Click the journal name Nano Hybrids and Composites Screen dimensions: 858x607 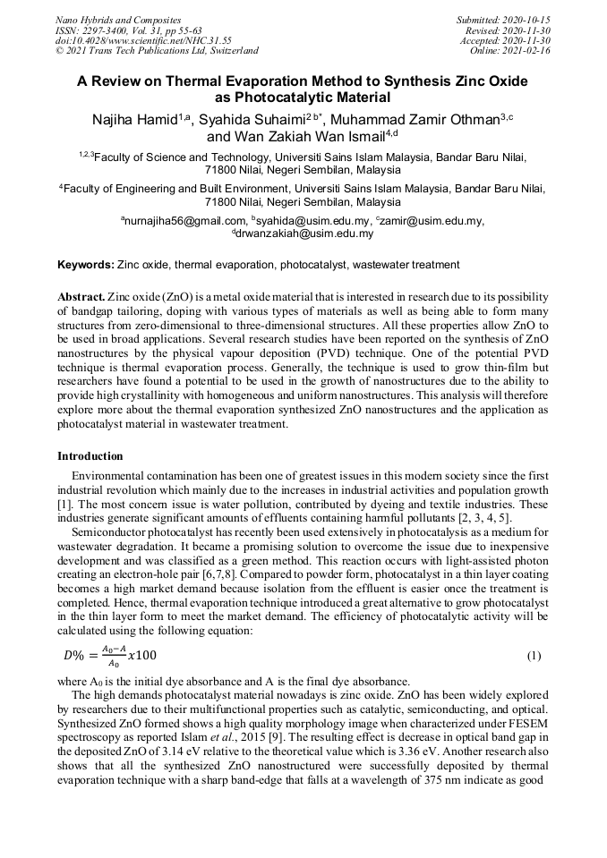[117, 20]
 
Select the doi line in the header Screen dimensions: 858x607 [143, 40]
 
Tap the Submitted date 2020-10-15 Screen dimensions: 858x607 [504, 20]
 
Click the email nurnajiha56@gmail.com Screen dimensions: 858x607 [185, 221]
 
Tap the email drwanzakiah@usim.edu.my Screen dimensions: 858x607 [305, 234]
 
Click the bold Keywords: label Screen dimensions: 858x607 [86, 265]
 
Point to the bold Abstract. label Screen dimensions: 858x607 [81, 295]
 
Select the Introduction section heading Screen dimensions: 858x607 [90, 456]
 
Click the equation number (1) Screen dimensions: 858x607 [534, 656]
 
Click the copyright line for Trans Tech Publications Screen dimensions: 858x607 [157, 51]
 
